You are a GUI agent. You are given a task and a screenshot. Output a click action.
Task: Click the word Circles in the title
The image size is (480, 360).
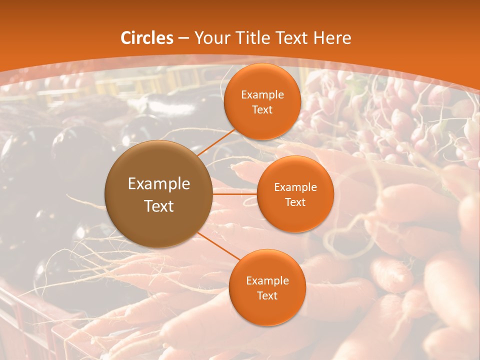pos(147,38)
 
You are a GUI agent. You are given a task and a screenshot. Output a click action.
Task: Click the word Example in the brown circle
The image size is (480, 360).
pos(159,184)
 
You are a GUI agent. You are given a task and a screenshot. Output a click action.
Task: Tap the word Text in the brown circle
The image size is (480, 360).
pos(159,206)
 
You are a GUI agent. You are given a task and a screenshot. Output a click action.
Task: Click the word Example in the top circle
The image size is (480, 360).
pos(262,95)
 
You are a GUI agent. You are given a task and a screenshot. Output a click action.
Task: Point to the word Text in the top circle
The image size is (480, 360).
pos(262,110)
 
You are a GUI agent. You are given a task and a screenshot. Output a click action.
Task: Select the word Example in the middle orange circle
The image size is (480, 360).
pos(295,187)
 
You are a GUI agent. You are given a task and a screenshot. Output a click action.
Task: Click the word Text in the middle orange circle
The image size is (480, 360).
pos(295,202)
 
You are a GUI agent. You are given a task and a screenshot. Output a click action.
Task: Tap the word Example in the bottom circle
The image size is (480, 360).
pos(267,281)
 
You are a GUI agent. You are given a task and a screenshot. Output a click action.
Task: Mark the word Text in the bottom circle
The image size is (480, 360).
pos(267,296)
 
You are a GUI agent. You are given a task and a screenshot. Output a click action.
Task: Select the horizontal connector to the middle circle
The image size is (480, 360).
pos(234,194)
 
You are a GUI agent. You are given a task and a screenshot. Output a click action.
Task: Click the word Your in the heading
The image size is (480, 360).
pos(209,38)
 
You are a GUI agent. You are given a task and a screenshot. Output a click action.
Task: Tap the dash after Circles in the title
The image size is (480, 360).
pos(183,38)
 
